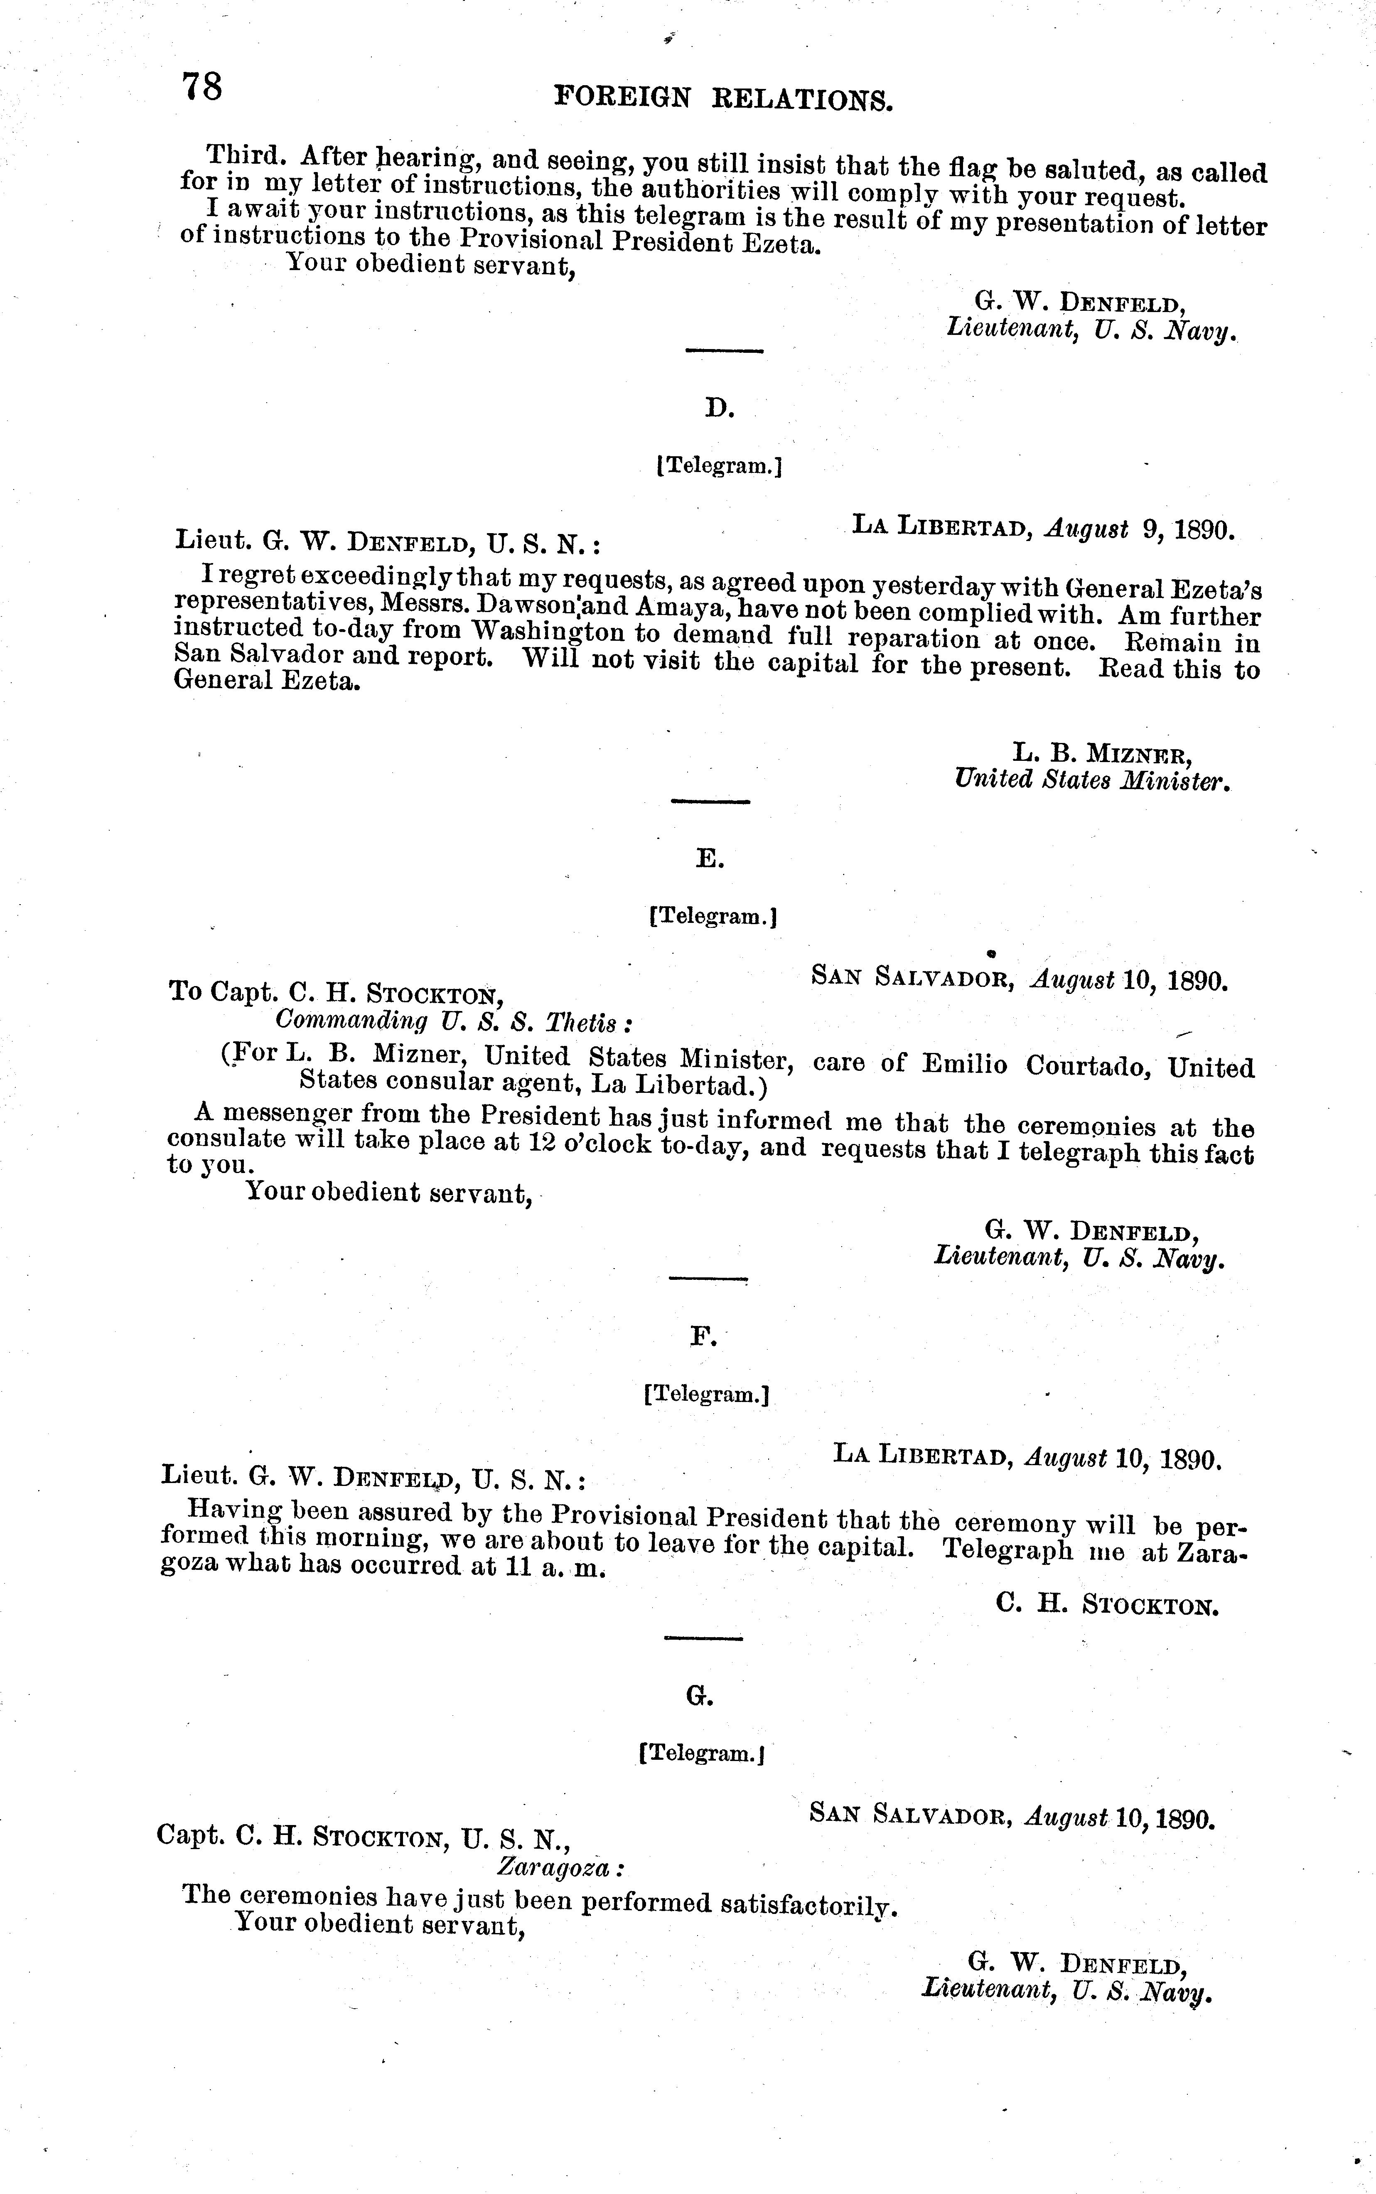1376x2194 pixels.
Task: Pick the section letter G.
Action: (x=698, y=1695)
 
